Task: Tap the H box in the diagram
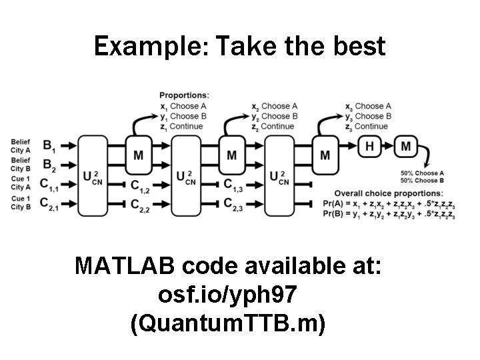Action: click(x=369, y=146)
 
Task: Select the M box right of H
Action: click(x=405, y=146)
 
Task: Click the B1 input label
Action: click(x=49, y=145)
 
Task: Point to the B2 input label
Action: click(x=49, y=164)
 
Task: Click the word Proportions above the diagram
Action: click(x=182, y=96)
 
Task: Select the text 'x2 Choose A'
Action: click(x=275, y=106)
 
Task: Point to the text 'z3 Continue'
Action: click(x=367, y=126)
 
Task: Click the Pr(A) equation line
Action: click(x=389, y=203)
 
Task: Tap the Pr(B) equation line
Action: click(x=389, y=214)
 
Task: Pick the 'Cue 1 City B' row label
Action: click(x=21, y=203)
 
